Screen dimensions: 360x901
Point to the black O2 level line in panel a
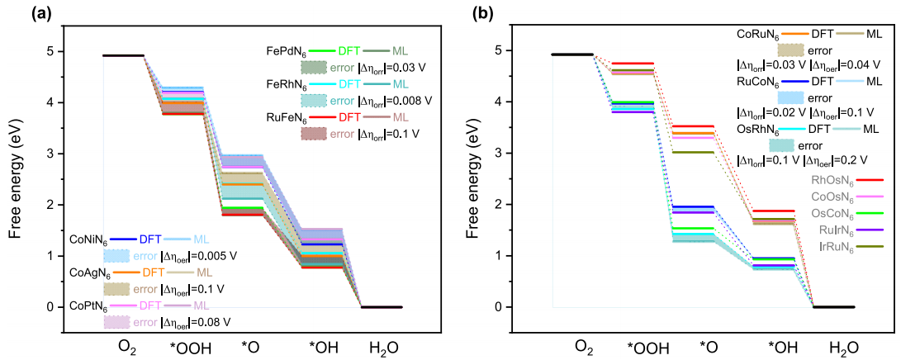123,55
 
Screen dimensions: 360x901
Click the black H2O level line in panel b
834,307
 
